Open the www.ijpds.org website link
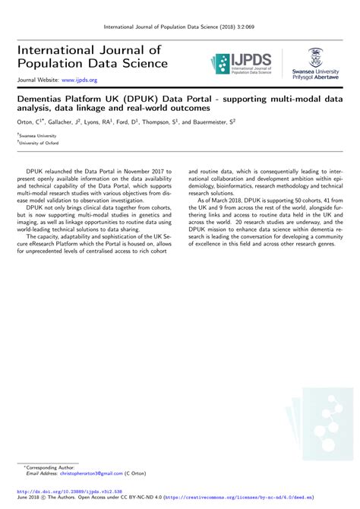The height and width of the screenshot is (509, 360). click(79, 79)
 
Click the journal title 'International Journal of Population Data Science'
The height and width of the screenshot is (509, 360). click(87, 56)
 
